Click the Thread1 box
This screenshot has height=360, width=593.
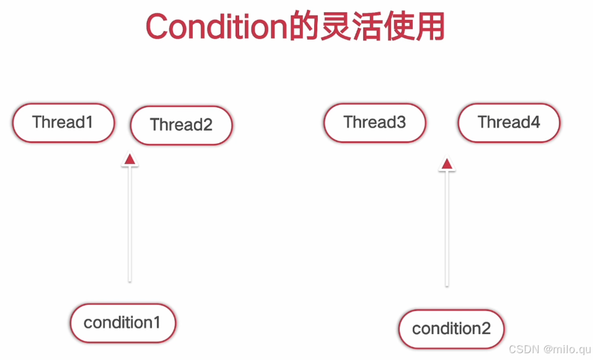pos(63,123)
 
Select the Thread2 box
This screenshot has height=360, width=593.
pos(181,125)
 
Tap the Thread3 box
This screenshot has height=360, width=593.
pos(375,123)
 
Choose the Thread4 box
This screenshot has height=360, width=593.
pos(509,123)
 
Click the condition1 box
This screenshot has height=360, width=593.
pos(123,323)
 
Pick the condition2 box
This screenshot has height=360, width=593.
pos(451,329)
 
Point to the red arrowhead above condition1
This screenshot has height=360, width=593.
pos(130,160)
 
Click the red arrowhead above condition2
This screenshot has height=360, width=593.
pos(447,164)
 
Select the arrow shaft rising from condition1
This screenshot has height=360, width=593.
pos(130,223)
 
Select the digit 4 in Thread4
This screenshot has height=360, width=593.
pos(535,122)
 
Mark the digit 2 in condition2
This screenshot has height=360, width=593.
pos(485,328)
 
